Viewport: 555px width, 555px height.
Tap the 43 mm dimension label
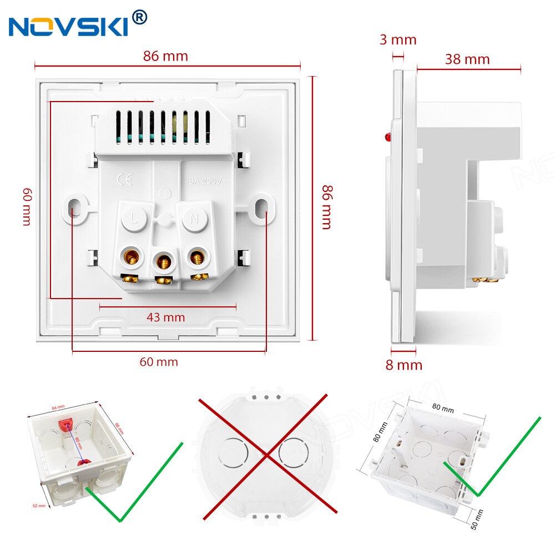(x=165, y=317)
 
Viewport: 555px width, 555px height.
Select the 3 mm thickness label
(x=398, y=40)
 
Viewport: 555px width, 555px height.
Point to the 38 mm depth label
(x=467, y=59)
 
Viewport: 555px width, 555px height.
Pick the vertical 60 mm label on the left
(x=27, y=206)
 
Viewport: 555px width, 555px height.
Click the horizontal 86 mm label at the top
(x=165, y=56)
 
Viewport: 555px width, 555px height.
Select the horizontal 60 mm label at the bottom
(x=159, y=362)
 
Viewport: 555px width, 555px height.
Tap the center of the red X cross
(x=268, y=455)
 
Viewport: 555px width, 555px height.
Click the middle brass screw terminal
(x=163, y=259)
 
